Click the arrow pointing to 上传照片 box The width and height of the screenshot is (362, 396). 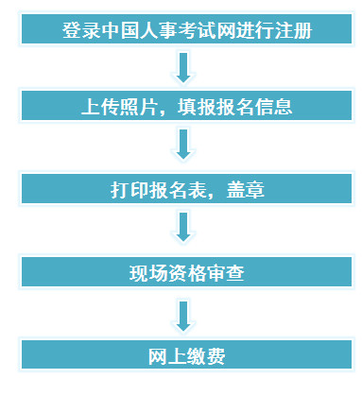click(184, 67)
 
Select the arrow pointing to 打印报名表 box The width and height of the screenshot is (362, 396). click(184, 146)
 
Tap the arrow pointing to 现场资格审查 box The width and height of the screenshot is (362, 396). click(184, 228)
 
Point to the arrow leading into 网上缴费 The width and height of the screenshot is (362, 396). click(184, 313)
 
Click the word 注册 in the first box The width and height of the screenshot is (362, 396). click(293, 30)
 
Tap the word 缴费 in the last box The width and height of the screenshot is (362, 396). click(201, 356)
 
